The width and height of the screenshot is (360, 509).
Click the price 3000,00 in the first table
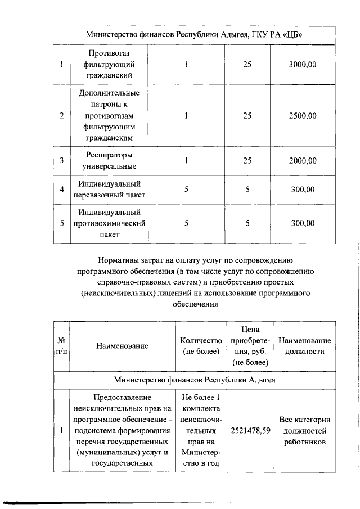click(303, 65)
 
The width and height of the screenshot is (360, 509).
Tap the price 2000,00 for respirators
click(303, 161)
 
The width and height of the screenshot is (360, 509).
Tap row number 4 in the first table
click(61, 190)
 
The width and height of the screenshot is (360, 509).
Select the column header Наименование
click(121, 346)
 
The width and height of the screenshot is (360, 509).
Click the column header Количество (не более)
click(201, 346)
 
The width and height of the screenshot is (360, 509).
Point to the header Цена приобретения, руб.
click(250, 346)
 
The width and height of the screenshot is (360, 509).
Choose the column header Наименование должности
click(305, 346)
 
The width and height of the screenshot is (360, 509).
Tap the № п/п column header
click(61, 346)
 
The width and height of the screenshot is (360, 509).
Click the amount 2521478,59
click(250, 431)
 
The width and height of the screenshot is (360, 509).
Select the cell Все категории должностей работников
click(305, 431)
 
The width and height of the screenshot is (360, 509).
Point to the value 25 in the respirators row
click(247, 161)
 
